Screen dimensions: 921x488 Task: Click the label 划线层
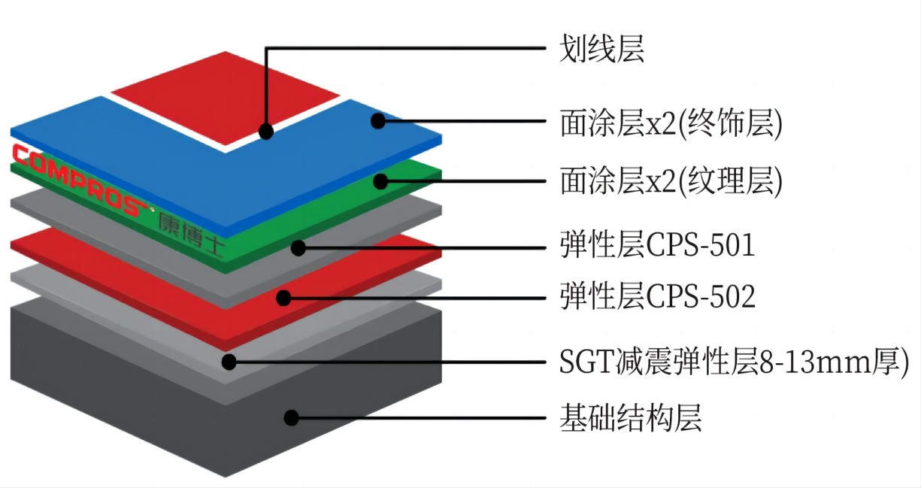point(601,49)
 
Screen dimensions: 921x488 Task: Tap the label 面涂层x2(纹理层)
point(671,181)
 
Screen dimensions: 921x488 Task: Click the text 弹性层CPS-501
point(657,245)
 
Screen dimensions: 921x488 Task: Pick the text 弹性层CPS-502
point(657,296)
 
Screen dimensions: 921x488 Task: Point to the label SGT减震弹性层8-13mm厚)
point(734,362)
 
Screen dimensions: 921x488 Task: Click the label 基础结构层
point(630,418)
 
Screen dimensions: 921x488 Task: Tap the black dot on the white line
point(266,132)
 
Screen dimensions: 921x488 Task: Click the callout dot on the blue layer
point(378,121)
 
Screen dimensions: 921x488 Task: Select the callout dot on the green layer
point(380,181)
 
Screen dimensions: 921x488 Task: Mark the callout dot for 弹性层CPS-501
point(298,248)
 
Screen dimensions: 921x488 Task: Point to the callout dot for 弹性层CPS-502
point(283,298)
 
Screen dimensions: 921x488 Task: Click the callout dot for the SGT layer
point(229,362)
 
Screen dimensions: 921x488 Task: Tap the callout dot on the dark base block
point(291,418)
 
